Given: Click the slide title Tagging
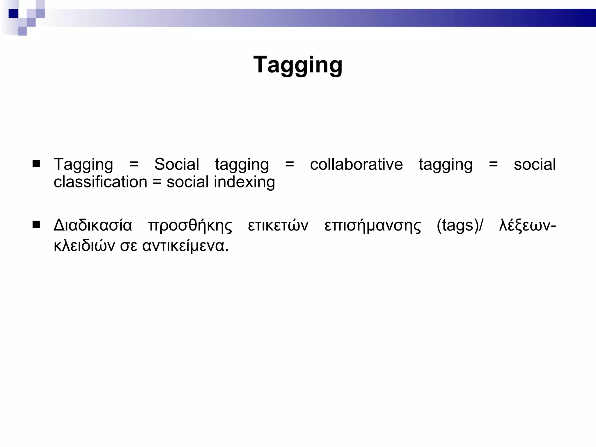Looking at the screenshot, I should pos(298,65).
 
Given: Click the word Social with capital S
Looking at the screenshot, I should pos(176,164).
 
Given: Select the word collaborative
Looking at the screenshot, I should pos(356,164).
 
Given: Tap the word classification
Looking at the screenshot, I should pos(100,182).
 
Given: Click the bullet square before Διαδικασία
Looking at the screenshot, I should pos(36,225).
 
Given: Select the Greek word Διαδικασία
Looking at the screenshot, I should pos(93,226).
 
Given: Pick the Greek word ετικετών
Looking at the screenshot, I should pos(278,226).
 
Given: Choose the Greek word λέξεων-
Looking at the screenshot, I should pos(527,226).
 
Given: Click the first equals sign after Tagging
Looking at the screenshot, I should pos(134,164).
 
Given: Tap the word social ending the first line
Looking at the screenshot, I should pos(535,164).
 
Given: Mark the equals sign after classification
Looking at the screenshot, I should pos(157,182).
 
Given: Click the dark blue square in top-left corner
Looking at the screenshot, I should pos(13,13).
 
